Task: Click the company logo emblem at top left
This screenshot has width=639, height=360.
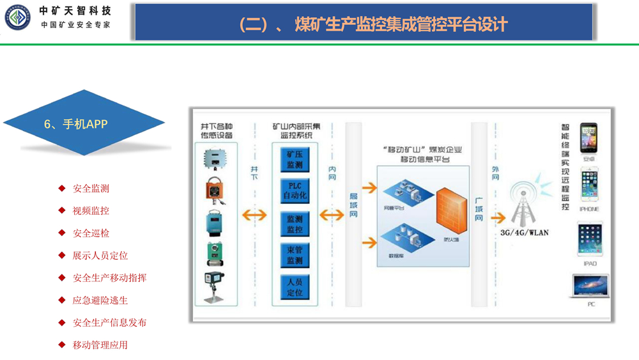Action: coord(17,17)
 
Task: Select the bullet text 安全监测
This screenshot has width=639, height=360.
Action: coord(91,189)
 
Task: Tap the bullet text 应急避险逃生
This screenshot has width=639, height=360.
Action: coord(100,301)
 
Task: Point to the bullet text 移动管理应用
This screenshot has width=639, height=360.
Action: coord(100,345)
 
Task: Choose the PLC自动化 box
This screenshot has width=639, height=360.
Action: coord(294,191)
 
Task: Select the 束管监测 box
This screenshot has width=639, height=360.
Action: coord(294,254)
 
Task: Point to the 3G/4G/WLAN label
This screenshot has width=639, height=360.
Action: coord(524,233)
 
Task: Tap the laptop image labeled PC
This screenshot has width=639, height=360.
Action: coord(590,287)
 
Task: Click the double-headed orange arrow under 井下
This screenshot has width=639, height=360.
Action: coord(254,215)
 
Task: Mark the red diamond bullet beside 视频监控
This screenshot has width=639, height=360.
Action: coord(62,210)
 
